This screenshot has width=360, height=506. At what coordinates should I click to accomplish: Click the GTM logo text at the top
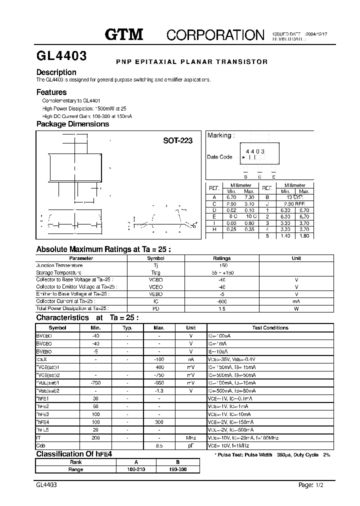pos(124,34)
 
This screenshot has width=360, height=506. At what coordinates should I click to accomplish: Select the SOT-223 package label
pos(177,141)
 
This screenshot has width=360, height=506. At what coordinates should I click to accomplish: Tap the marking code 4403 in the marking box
pos(255,151)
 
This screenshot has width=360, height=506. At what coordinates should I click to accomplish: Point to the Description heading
pos(56,72)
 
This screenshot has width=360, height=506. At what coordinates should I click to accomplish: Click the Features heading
pos(51,92)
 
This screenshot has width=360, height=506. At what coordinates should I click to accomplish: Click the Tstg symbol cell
pos(155,272)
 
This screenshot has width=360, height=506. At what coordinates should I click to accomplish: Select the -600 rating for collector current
pos(222,301)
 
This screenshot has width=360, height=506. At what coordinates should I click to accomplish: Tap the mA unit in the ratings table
pos(296,301)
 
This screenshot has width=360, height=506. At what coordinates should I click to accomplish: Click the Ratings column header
pos(222,258)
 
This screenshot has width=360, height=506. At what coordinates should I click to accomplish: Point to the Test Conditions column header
pos(270,328)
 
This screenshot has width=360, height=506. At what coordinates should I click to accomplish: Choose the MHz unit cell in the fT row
pos(190,437)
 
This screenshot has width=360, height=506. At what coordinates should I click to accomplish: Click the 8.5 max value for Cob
pos(159,445)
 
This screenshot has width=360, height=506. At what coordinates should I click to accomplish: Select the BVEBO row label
pos(44,352)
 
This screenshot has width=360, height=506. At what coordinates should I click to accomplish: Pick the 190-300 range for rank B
pos(177,469)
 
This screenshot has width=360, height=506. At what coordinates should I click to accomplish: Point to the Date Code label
pos(219,157)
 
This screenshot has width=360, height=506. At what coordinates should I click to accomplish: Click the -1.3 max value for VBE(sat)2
pos(159,391)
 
